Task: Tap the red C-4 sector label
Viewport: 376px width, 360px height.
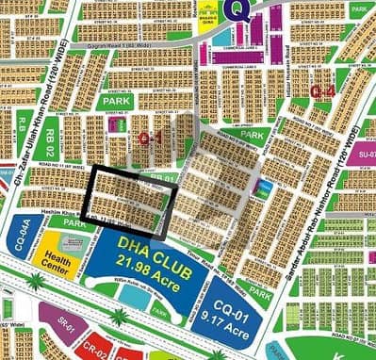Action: [x=322, y=91]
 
